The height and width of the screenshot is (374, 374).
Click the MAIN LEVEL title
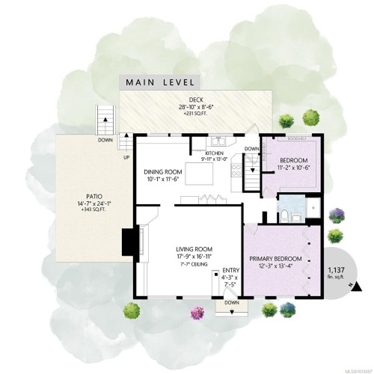click(x=160, y=82)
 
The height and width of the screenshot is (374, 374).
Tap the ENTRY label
click(x=230, y=271)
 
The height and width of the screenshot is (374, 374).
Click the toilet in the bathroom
click(x=286, y=215)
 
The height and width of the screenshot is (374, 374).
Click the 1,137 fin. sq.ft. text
click(x=336, y=273)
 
